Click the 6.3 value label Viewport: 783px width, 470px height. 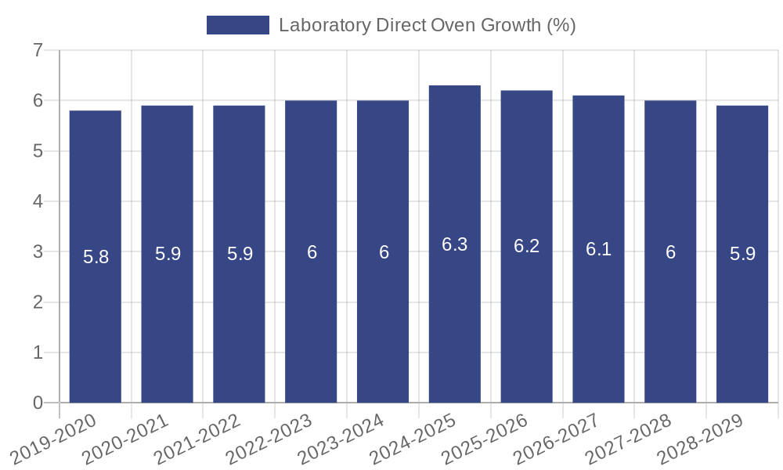pos(455,244)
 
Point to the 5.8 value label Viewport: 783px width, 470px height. pos(96,256)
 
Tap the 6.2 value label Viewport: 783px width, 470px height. pos(527,246)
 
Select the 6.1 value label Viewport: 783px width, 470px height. pos(599,249)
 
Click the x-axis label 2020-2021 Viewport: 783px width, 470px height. pos(126,439)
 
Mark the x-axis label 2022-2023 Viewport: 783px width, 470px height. pos(269,439)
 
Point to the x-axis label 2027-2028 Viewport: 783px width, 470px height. pos(629,439)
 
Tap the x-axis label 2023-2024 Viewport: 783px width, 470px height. pos(341,439)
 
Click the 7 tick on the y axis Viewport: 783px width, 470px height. pos(38,50)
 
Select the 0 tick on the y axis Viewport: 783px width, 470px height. pos(38,403)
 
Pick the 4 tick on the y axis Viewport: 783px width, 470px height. pos(38,201)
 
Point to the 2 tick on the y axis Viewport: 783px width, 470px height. pos(38,302)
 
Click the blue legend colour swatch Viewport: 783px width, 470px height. pos(237,25)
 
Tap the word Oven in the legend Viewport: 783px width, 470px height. pos(452,25)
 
